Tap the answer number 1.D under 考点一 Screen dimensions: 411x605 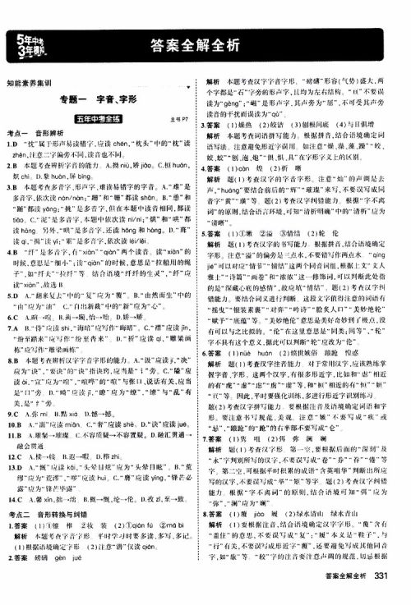(12, 144)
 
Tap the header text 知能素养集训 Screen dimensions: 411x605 (29, 83)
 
